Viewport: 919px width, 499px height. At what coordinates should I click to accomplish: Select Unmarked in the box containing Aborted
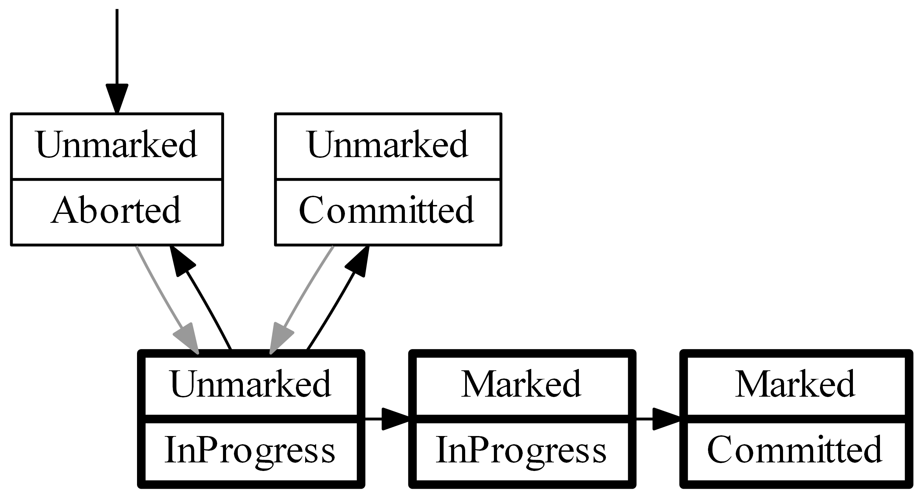116,145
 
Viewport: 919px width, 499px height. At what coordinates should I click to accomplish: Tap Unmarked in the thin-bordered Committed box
388,145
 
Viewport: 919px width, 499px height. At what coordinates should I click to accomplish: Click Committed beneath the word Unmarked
387,211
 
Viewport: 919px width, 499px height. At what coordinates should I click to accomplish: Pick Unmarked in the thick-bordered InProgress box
251,384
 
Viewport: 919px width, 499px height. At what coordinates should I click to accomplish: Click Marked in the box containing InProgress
522,384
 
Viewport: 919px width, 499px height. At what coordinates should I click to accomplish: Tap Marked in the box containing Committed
795,384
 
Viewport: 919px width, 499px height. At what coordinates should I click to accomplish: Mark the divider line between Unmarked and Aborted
117,179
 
